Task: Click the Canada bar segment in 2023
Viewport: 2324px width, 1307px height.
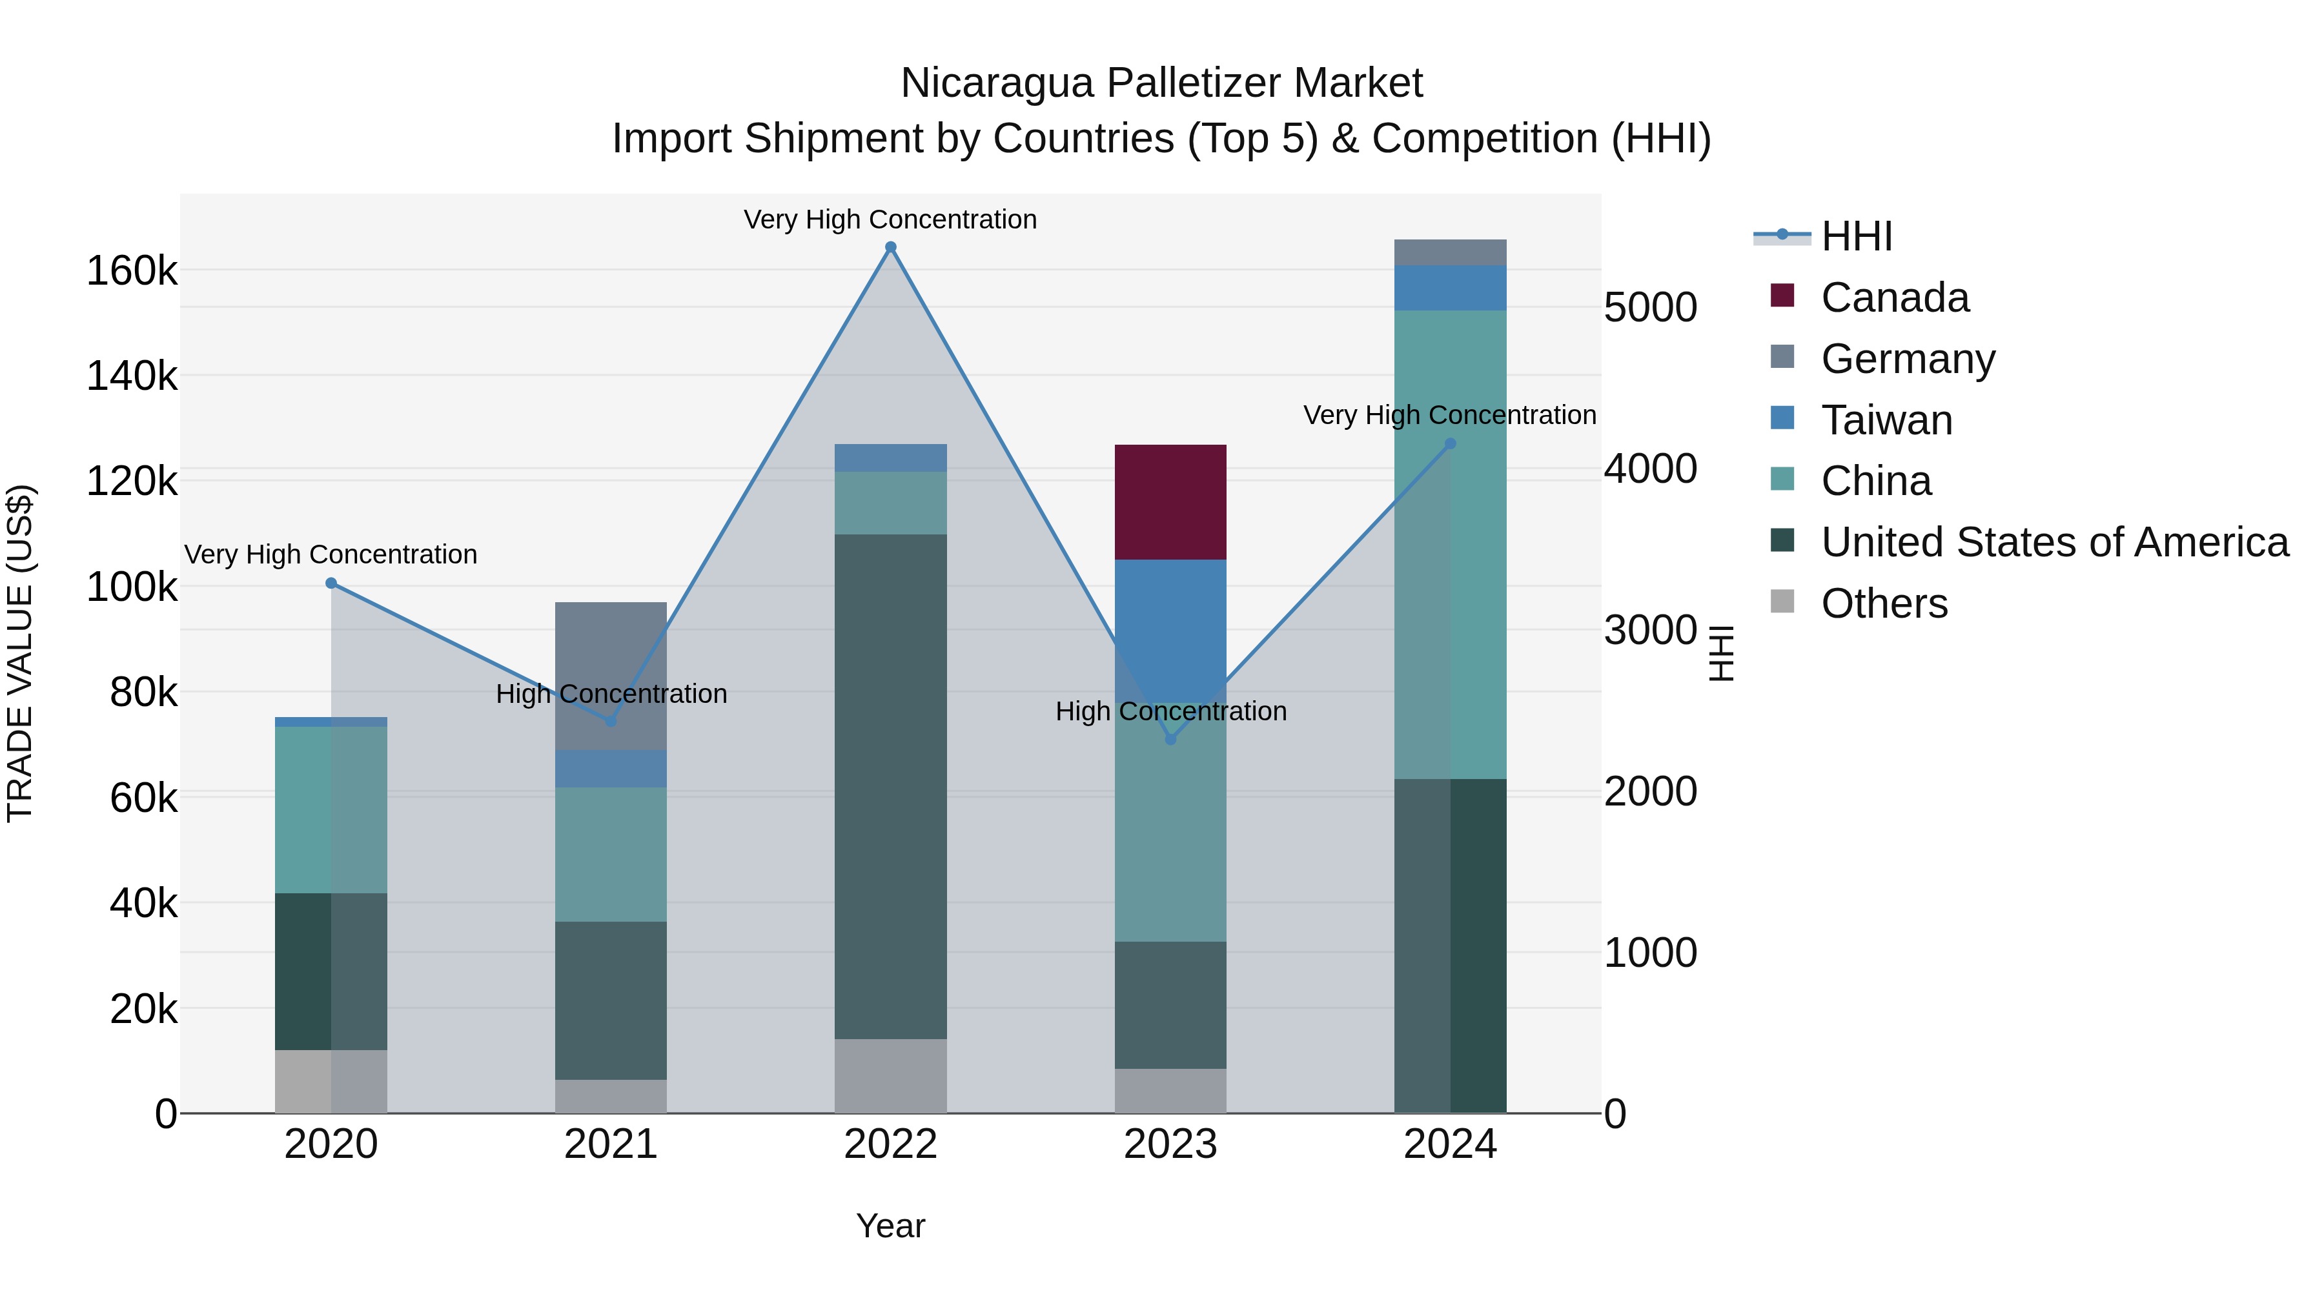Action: click(1170, 502)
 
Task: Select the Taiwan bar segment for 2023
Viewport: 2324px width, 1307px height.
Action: click(1170, 631)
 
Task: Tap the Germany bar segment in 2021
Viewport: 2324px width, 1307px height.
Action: click(611, 676)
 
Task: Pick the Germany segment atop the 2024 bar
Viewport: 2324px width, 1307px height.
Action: click(1450, 252)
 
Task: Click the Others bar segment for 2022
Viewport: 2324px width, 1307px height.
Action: click(890, 1075)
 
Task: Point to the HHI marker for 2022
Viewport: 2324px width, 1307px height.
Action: click(890, 247)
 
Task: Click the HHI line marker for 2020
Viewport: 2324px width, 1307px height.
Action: click(331, 583)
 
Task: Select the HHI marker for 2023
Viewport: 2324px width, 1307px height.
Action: click(1170, 740)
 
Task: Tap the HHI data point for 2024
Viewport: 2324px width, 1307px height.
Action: click(1450, 444)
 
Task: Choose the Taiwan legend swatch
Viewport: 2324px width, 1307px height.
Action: click(1782, 418)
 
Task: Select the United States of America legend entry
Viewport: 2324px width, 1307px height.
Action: click(2054, 542)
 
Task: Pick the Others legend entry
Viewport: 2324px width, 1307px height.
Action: click(1884, 603)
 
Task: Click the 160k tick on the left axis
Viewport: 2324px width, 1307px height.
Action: click(132, 270)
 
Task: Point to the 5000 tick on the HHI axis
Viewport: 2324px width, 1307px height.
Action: click(1650, 308)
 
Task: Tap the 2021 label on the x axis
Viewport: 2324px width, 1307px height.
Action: click(611, 1144)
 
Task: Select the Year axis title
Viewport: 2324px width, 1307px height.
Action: click(890, 1226)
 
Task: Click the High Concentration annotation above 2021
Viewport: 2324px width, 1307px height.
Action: click(611, 694)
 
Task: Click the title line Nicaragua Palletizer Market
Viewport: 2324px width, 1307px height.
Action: click(1161, 83)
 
